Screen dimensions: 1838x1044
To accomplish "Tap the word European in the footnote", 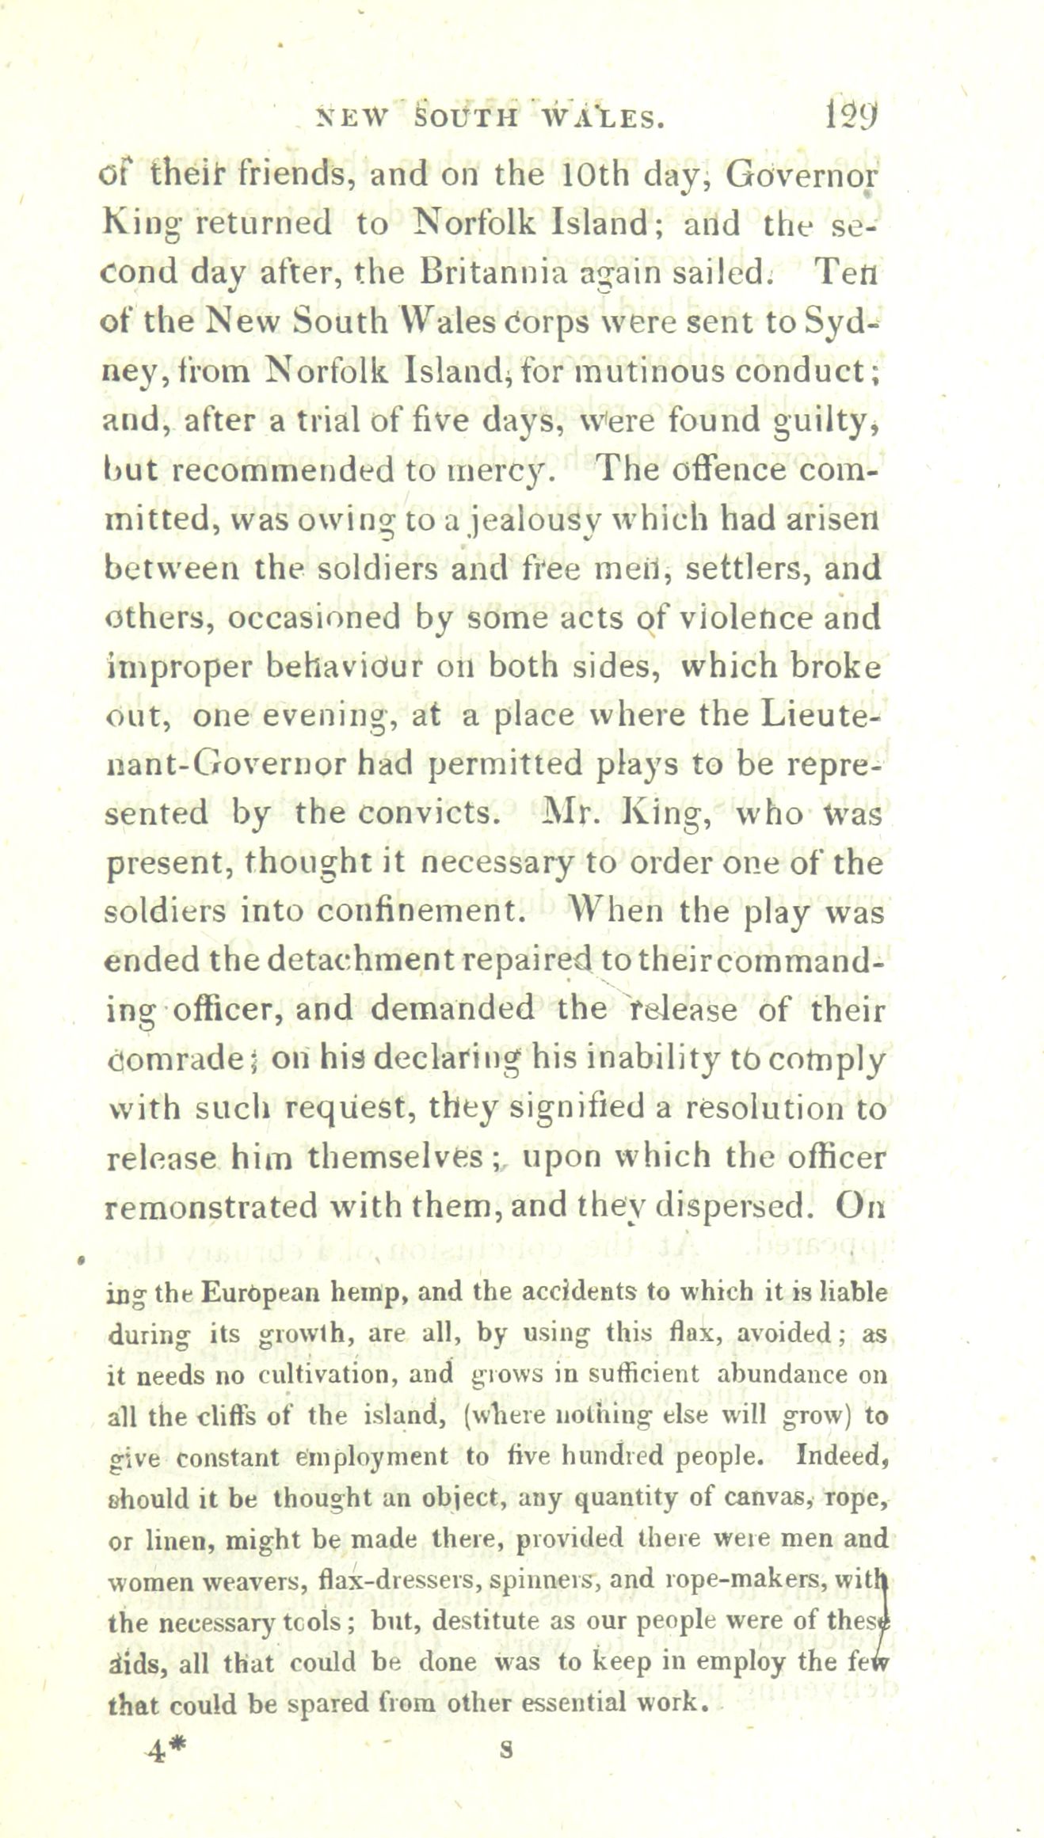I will pos(250,1293).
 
